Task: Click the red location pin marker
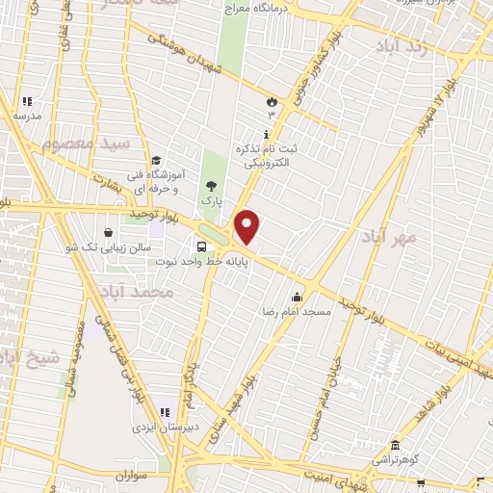point(247,226)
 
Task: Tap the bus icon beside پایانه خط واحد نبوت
point(200,245)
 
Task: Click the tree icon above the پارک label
point(211,186)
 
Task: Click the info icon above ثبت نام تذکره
point(266,133)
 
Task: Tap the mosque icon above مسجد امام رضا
point(298,297)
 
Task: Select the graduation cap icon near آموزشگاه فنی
point(155,161)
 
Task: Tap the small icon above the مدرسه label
point(27,101)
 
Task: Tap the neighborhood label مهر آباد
point(389,237)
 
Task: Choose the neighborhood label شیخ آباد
point(29,358)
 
